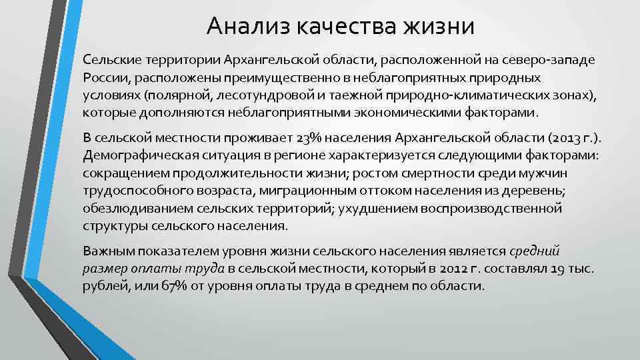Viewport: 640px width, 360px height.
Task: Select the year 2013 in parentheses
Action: (x=564, y=138)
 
